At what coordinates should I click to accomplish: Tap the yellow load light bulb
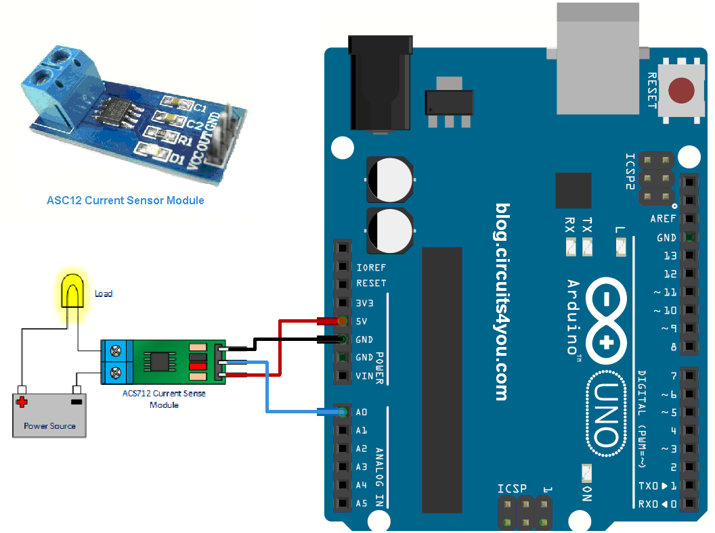pos(74,292)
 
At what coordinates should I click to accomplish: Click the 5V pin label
pos(362,321)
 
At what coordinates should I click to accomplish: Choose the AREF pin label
pos(663,219)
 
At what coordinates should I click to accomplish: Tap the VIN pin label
pos(364,376)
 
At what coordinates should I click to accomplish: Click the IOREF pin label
pos(371,266)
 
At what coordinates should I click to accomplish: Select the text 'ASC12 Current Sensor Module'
pos(125,201)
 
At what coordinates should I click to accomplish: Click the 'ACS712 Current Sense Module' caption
pos(164,398)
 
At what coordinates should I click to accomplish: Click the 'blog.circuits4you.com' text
pos(502,302)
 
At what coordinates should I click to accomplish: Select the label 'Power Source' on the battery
pos(49,426)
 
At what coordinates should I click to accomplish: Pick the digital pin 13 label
pos(670,256)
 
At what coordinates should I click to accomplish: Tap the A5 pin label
pos(362,504)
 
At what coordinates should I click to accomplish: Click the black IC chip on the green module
pos(160,360)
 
